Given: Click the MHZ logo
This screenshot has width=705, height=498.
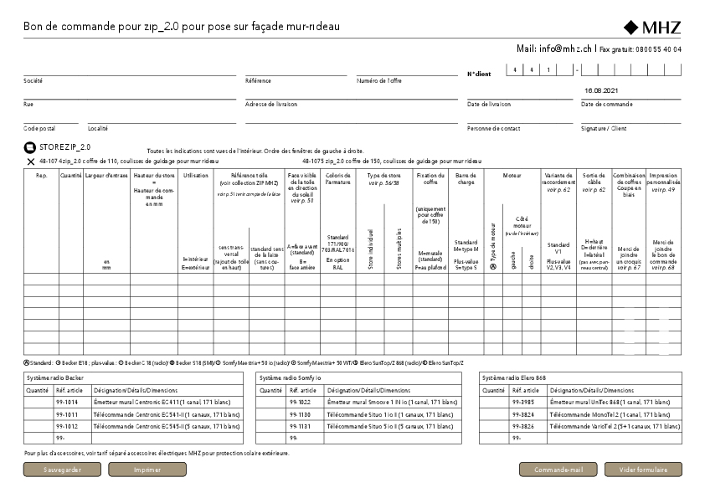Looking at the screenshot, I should (652, 27).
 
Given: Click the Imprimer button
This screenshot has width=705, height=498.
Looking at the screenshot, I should (147, 470).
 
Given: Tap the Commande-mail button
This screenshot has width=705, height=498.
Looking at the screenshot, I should (558, 470).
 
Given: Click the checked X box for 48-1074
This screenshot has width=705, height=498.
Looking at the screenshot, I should (30, 159).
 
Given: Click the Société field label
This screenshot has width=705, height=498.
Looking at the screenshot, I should (33, 81).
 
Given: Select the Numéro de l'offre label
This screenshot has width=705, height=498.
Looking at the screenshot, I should (379, 81).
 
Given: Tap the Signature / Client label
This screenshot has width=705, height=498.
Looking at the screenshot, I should (604, 129).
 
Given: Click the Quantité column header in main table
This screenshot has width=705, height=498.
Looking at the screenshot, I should (70, 176).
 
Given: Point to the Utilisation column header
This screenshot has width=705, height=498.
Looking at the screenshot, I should (195, 176).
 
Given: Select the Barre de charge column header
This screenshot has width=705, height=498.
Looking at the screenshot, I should (466, 179).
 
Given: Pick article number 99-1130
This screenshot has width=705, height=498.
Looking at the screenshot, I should (299, 414).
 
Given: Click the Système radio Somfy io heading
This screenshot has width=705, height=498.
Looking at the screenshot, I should (289, 378).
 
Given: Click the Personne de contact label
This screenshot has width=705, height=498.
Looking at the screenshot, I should (493, 129).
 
